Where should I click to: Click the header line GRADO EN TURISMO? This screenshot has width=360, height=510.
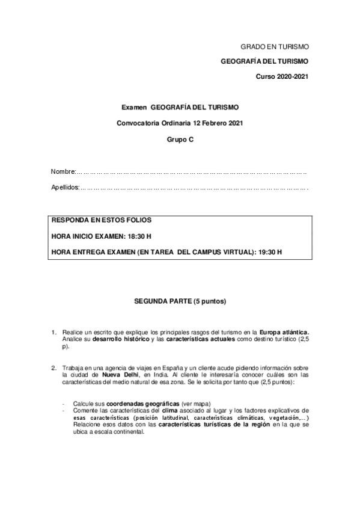pyautogui.click(x=274, y=46)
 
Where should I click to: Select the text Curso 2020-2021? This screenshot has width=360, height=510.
pyautogui.click(x=282, y=78)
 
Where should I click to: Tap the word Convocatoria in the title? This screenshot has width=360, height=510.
pyautogui.click(x=138, y=123)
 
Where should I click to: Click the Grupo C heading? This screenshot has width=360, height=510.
pyautogui.click(x=180, y=138)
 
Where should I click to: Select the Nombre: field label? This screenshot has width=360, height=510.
pyautogui.click(x=64, y=172)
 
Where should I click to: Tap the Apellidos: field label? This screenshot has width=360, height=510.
pyautogui.click(x=66, y=188)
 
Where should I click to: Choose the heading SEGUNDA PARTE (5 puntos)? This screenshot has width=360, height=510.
pyautogui.click(x=180, y=300)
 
